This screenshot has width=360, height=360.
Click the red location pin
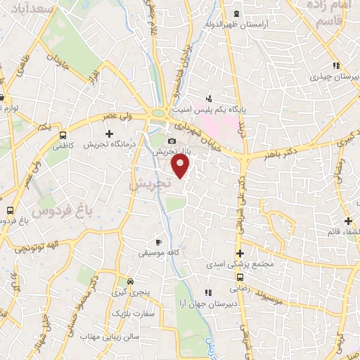[x=181, y=166]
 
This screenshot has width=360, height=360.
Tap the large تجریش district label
[x=149, y=183]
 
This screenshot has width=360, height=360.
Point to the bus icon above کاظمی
[x=63, y=136]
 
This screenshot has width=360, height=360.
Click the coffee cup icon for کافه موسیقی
[x=159, y=243]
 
